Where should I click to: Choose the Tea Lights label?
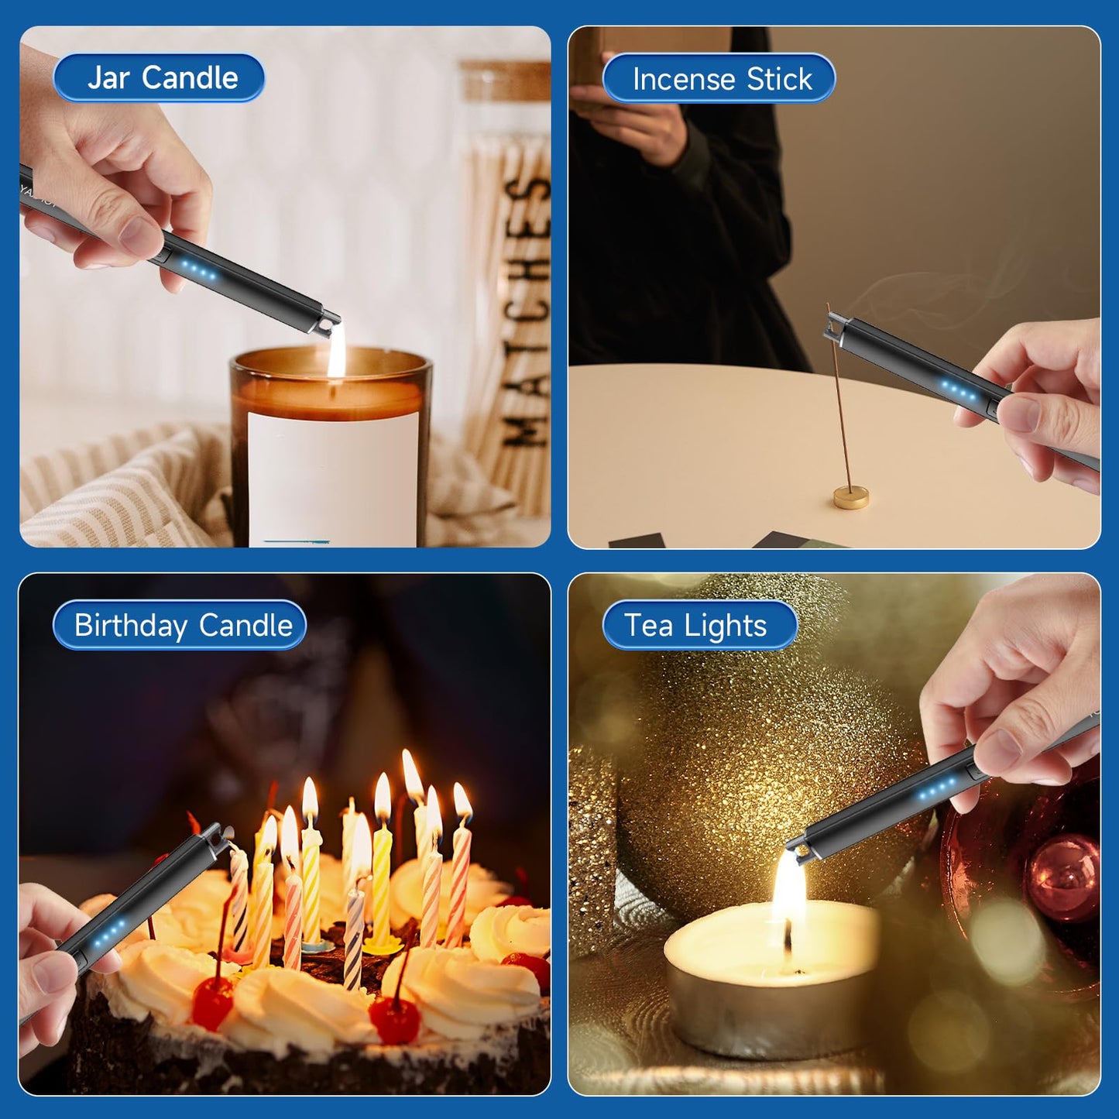click(x=697, y=625)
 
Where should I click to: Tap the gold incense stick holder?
click(x=850, y=496)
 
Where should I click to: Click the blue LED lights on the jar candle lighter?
click(x=199, y=271)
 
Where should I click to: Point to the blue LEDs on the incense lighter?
click(x=959, y=391)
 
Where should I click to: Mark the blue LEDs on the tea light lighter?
click(x=935, y=791)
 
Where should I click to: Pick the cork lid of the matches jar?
click(x=507, y=81)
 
